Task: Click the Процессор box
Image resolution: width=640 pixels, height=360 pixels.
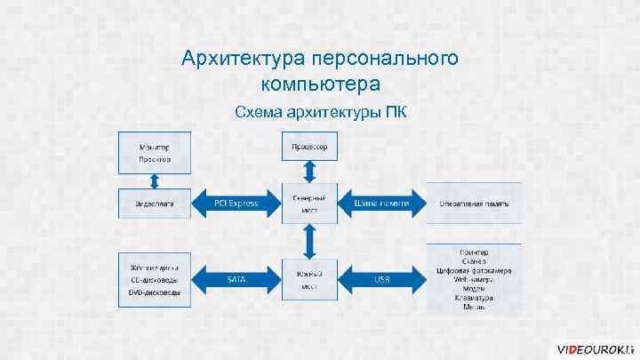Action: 308,147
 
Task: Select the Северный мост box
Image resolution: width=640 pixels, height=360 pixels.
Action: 308,204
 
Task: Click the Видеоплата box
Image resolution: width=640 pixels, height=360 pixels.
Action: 154,204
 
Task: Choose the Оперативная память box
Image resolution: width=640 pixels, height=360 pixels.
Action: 474,204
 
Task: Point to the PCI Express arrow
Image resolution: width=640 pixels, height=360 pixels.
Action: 236,204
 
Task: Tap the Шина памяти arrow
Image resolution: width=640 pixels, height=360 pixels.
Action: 381,204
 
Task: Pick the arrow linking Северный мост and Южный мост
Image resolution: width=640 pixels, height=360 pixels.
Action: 308,240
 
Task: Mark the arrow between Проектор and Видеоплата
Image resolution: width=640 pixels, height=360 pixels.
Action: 154,180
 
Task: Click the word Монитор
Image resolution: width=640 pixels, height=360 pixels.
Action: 154,146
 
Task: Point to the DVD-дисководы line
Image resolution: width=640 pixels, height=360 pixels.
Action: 154,292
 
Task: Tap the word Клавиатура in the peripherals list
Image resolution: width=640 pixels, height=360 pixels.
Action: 474,297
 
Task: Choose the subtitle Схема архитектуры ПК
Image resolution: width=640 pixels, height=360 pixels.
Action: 320,113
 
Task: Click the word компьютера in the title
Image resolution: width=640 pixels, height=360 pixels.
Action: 320,84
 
